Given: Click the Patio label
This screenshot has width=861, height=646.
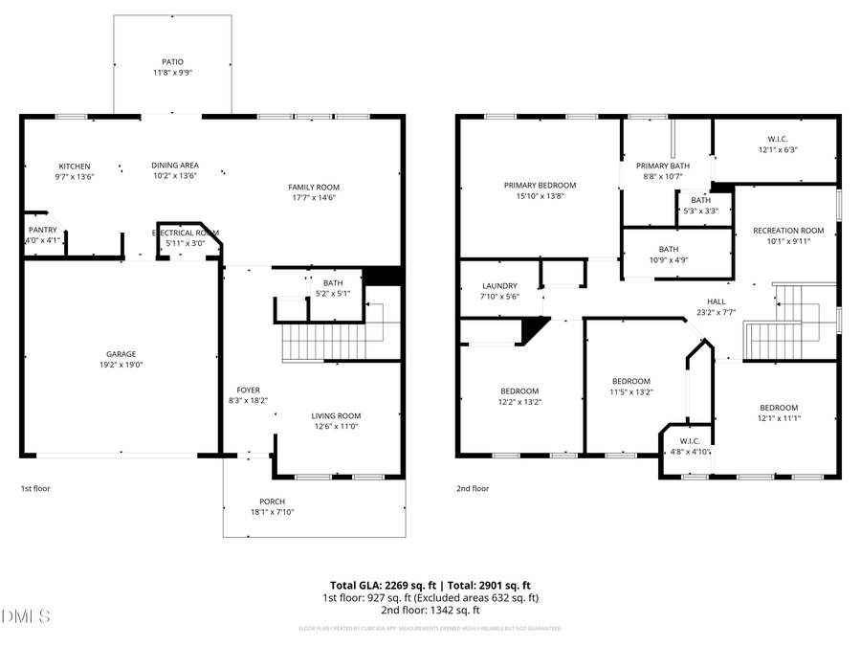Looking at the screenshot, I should click(x=172, y=61).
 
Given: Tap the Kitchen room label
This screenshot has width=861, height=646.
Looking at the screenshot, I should click(x=74, y=166).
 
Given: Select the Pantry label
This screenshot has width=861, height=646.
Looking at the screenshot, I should click(x=43, y=230).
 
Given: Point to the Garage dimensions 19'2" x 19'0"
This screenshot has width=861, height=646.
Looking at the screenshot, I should click(x=121, y=365).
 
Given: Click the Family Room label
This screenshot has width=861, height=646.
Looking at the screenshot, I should click(x=314, y=187).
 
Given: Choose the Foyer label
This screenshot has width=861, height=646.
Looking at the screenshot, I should click(x=248, y=390).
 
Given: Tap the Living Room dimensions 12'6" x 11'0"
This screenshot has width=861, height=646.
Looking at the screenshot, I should click(x=336, y=426).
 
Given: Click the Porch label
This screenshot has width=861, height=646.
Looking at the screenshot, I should click(x=272, y=501).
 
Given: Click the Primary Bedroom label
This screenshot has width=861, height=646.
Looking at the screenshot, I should click(x=541, y=185).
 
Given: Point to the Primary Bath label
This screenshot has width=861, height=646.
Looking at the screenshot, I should click(x=663, y=166).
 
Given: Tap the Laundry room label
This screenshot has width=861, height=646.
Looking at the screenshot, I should click(x=498, y=285).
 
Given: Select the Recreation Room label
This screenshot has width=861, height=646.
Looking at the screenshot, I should click(x=788, y=230).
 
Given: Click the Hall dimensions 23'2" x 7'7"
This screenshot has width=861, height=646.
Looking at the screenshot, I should click(x=716, y=311).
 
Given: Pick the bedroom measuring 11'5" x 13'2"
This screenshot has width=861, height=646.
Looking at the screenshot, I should click(x=631, y=391).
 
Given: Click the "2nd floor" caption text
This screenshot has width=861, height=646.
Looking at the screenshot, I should click(x=473, y=488).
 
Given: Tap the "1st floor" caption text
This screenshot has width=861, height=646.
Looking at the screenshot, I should click(x=36, y=488).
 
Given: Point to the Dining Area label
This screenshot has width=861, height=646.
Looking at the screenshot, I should click(x=175, y=166).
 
